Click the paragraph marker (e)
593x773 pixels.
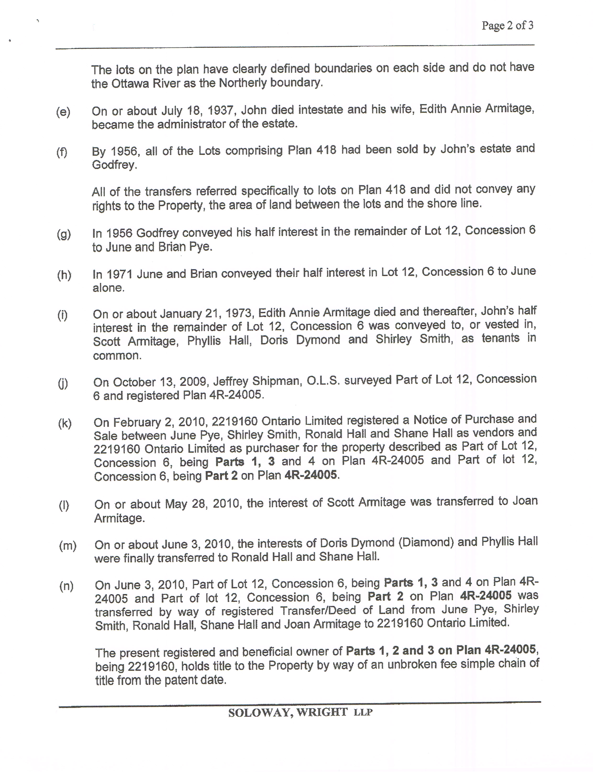point(63,112)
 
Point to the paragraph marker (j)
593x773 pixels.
point(63,383)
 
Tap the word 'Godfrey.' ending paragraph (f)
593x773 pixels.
point(114,165)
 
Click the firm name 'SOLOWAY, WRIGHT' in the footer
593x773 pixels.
point(288,712)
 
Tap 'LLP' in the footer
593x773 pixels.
point(363,712)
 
